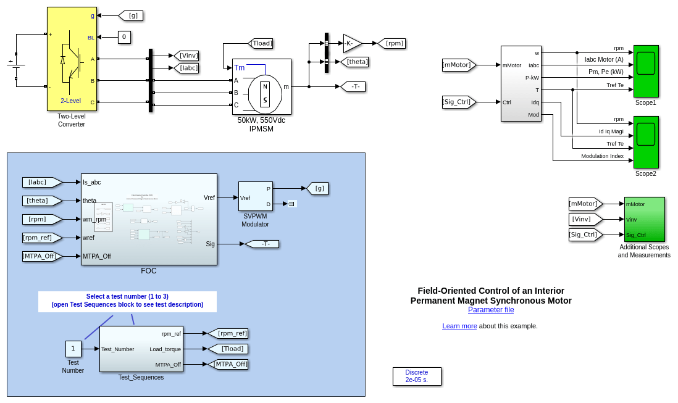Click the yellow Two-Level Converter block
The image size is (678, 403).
point(72,59)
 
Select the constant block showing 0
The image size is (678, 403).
point(124,37)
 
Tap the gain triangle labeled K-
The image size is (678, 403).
point(351,43)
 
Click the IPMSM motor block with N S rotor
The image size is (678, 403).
point(262,87)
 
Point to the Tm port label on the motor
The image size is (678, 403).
point(239,68)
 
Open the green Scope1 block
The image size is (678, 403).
point(646,71)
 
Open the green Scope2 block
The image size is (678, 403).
point(646,142)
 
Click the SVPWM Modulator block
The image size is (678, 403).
point(256,196)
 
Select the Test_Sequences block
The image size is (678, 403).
point(141,349)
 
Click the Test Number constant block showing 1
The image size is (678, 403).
point(73,349)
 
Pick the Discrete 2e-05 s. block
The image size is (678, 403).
point(417,376)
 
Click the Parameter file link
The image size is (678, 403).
point(491,310)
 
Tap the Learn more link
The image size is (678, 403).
point(459,326)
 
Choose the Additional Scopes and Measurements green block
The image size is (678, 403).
point(645,219)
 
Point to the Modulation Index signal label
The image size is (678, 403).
point(602,156)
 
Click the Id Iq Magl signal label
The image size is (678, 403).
point(611,131)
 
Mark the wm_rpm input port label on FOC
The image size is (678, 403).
point(94,219)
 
